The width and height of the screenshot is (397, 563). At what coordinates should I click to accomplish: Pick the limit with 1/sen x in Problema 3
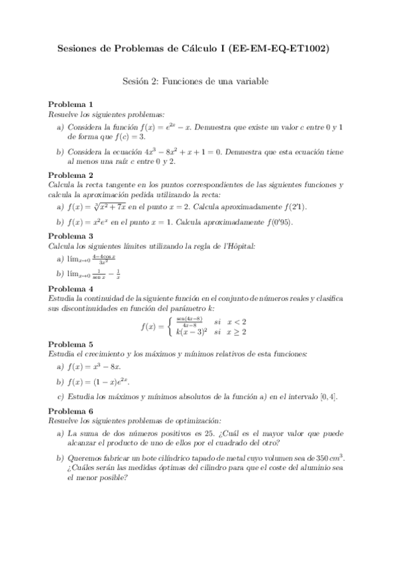[x=90, y=274]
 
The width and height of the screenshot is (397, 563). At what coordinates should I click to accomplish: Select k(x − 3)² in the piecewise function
[x=192, y=331]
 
